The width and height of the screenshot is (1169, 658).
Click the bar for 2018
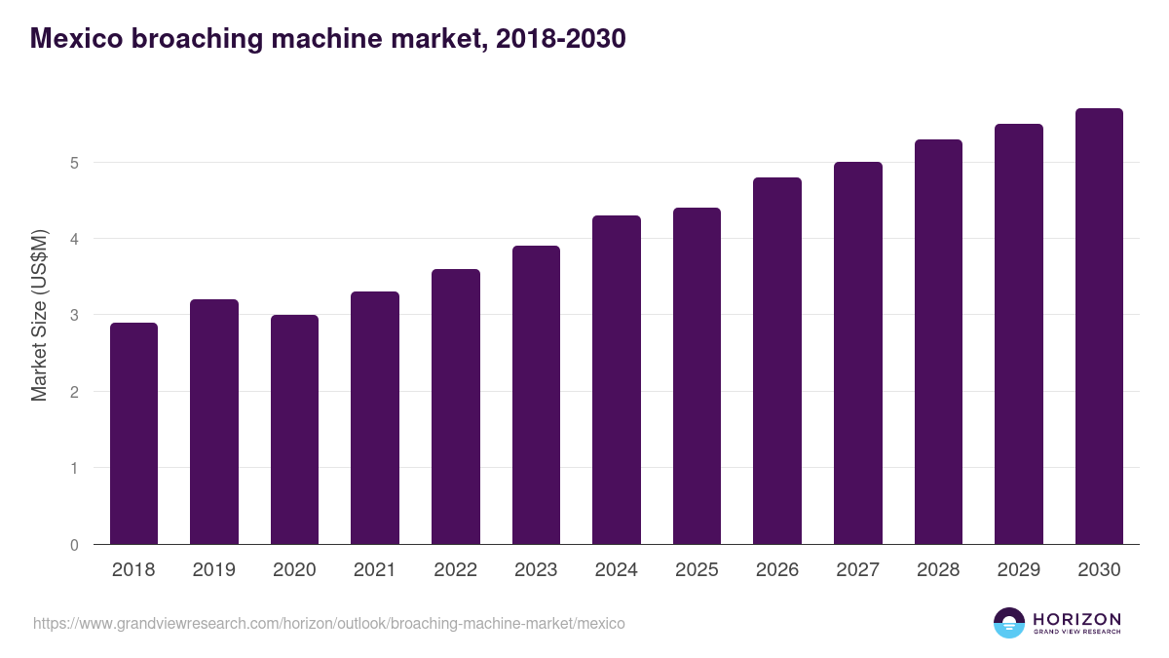click(x=133, y=434)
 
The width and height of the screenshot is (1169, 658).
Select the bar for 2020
click(x=294, y=430)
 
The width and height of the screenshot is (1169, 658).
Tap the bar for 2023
click(x=536, y=395)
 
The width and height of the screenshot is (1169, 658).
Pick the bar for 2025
click(x=697, y=376)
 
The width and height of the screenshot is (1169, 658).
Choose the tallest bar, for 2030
click(x=1099, y=327)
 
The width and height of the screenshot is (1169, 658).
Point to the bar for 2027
click(x=857, y=353)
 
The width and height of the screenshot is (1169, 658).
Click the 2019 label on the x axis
click(x=213, y=570)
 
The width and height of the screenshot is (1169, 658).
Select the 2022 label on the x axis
click(x=455, y=570)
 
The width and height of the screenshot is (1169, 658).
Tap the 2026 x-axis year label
click(x=777, y=570)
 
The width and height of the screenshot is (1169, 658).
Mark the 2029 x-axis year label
click(x=1019, y=570)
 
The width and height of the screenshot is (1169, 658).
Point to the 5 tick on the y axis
click(x=74, y=163)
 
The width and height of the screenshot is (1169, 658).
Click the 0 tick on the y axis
click(x=74, y=545)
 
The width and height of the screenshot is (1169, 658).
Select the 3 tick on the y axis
click(x=74, y=316)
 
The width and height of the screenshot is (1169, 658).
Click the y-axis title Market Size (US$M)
click(x=39, y=315)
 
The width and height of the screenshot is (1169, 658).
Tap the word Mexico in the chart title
click(x=75, y=38)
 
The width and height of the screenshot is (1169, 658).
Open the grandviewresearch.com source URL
click(x=329, y=623)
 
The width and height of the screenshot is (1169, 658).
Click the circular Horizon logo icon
click(x=1009, y=623)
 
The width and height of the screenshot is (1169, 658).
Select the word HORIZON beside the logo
click(x=1076, y=619)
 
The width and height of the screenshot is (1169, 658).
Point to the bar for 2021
click(x=375, y=418)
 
